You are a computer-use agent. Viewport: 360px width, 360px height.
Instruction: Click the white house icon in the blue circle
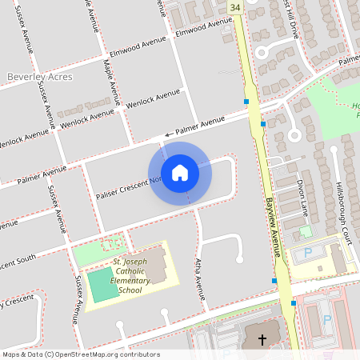[180, 172]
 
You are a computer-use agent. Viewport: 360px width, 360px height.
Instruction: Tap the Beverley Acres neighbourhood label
[39, 77]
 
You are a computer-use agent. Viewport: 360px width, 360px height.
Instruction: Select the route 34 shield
[234, 7]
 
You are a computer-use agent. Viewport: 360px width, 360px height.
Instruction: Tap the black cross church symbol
[262, 340]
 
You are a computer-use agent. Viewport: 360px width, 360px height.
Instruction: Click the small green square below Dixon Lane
[305, 232]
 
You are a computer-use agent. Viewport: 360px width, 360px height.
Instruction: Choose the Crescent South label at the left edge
[18, 262]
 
